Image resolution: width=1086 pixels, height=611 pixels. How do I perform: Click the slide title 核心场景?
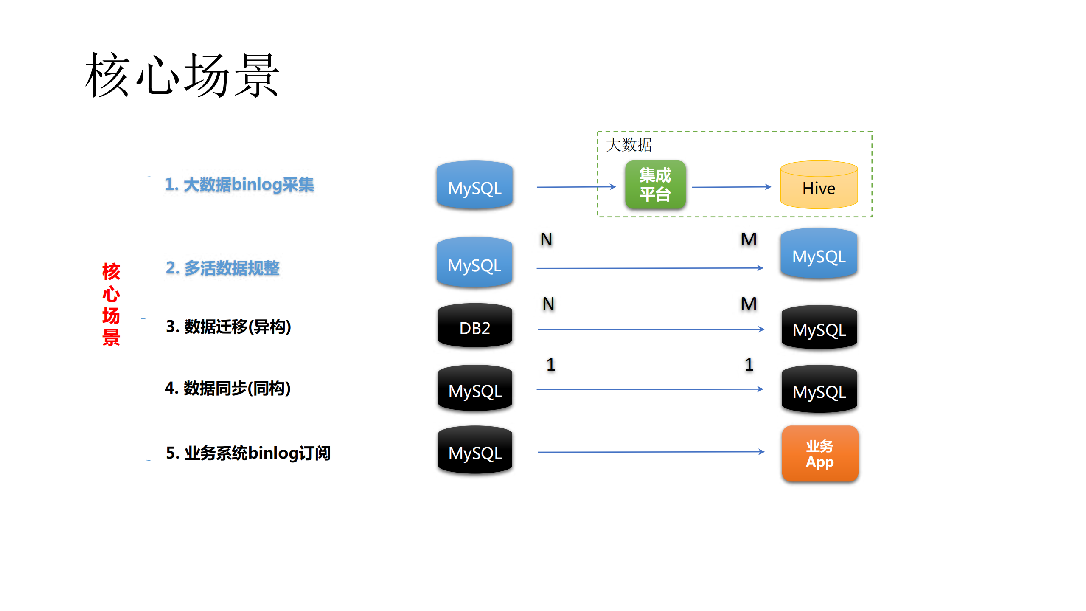point(182,76)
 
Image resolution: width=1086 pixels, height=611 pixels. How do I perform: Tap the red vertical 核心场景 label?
point(111,304)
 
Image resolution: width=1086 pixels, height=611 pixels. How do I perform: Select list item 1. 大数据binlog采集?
point(239,185)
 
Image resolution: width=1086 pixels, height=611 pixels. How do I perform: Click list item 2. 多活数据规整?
point(222,268)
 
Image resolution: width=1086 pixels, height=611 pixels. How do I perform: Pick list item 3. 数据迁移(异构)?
point(228,327)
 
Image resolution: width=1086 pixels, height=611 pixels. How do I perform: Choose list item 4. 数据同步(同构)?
point(227,388)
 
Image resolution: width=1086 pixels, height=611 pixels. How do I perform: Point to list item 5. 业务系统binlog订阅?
point(248,453)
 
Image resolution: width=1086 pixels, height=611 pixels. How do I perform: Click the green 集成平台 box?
point(655,185)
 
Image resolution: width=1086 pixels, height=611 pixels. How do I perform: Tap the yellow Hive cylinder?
point(819,185)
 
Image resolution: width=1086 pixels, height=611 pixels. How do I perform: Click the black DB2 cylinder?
point(475,326)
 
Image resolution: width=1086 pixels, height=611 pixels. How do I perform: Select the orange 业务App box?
point(819,453)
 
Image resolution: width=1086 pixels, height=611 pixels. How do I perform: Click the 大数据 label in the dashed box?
point(629,145)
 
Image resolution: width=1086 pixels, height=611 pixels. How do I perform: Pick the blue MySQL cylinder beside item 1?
point(475,186)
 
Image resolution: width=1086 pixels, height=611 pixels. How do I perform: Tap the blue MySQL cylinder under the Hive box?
point(819,254)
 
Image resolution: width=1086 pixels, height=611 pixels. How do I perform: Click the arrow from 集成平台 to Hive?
point(731,187)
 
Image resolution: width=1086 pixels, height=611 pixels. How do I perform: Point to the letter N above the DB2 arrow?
point(548,304)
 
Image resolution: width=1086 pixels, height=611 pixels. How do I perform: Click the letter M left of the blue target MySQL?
point(749,239)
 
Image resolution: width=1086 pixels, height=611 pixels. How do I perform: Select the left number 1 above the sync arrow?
point(551,365)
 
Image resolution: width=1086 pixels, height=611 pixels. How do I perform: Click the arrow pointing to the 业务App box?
point(650,452)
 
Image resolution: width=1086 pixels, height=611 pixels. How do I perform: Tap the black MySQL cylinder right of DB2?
point(819,328)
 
